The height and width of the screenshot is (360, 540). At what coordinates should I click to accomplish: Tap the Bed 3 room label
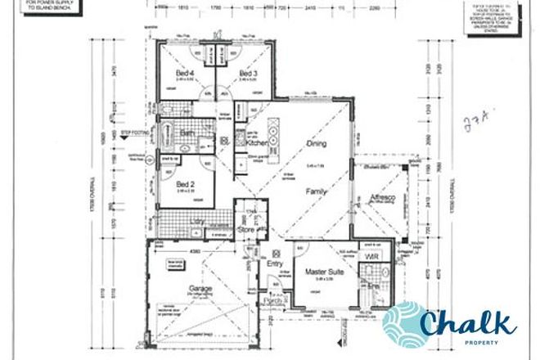(x=249, y=74)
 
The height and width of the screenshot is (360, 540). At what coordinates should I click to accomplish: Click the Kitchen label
(x=257, y=143)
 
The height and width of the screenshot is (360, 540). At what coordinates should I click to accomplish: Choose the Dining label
(x=316, y=143)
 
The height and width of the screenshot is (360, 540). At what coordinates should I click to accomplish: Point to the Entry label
(x=274, y=263)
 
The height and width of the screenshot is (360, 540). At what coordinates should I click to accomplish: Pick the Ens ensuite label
(x=373, y=288)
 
